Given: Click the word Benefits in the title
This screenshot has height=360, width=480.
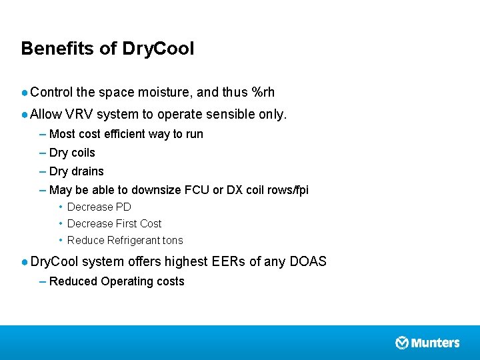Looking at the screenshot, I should pyautogui.click(x=53, y=49).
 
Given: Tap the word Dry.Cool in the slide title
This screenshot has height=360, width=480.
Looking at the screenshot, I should pyautogui.click(x=159, y=49).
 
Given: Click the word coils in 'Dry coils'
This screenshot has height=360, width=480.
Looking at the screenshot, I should pyautogui.click(x=83, y=153).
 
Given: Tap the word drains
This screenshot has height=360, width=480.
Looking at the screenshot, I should pyautogui.click(x=87, y=171).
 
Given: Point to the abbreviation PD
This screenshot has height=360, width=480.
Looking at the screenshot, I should pyautogui.click(x=123, y=207).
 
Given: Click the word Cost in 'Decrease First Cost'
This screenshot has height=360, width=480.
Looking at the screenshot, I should pyautogui.click(x=151, y=223).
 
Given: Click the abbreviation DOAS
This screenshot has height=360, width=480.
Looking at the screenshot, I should pyautogui.click(x=308, y=261).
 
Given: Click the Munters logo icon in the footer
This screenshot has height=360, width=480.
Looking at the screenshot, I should pyautogui.click(x=402, y=343).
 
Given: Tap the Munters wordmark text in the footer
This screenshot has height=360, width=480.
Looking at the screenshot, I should pyautogui.click(x=435, y=343).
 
